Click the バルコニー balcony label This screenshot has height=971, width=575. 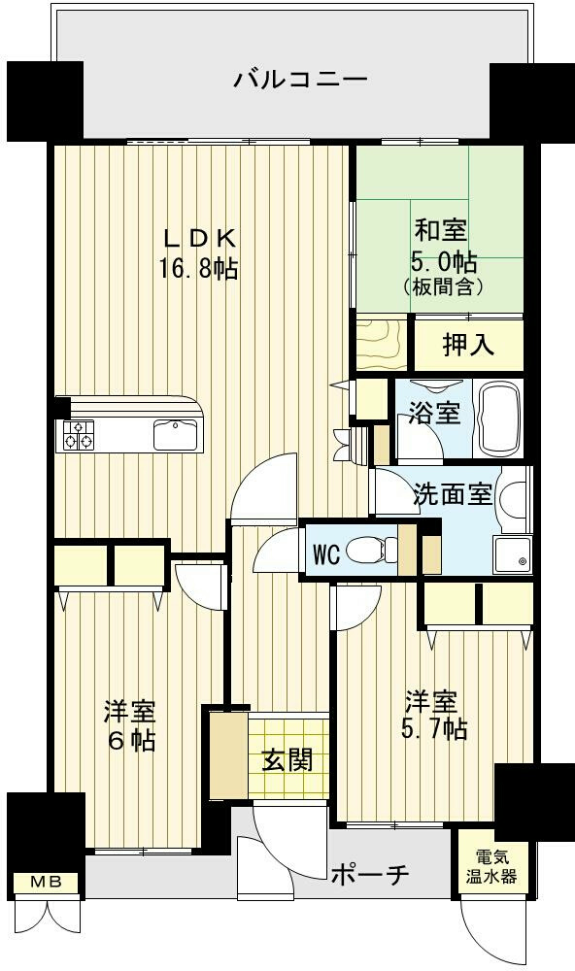tap(300, 80)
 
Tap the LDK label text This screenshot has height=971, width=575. tap(199, 238)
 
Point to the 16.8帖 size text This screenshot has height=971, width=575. tap(199, 268)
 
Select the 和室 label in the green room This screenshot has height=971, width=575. tap(441, 230)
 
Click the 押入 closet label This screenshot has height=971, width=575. tap(468, 345)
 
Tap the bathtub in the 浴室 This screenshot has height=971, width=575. tap(499, 419)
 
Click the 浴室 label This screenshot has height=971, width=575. tap(434, 414)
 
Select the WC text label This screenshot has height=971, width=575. tap(326, 554)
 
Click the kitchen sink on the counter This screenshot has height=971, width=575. tap(176, 435)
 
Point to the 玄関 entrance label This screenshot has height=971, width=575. tap(287, 760)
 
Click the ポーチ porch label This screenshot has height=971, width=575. tap(370, 875)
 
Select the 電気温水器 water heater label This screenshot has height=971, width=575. tap(491, 867)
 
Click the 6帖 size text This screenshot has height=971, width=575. tap(132, 741)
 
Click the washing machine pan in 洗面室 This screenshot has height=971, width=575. tap(513, 554)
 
